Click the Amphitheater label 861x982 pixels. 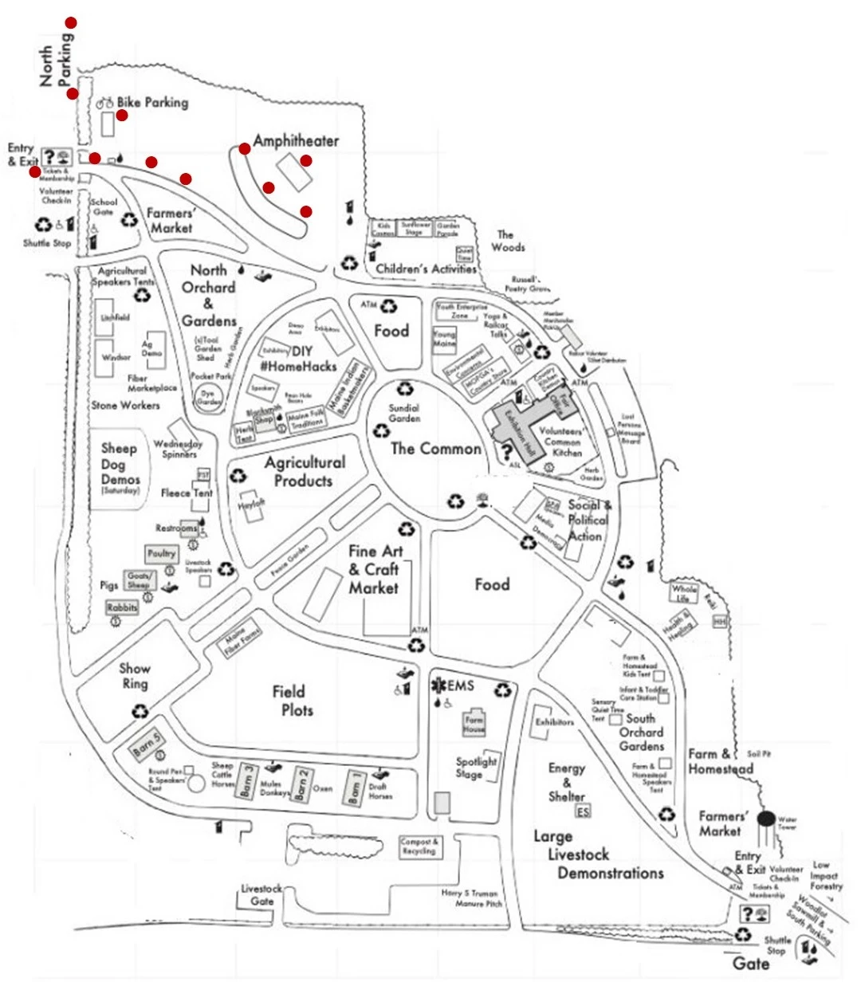tap(296, 141)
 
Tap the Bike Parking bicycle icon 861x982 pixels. tap(105, 103)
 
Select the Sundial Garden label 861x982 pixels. tap(404, 413)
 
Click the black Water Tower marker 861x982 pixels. tap(765, 819)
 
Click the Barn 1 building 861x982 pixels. tap(356, 788)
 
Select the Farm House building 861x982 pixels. tap(474, 725)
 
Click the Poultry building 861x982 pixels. tap(162, 553)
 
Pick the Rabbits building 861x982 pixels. tap(123, 607)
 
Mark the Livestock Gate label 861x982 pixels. tap(261, 894)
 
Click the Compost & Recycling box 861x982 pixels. tap(419, 846)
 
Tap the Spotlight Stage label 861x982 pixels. tap(476, 767)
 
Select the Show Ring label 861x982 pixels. tap(135, 676)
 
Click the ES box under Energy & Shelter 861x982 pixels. tap(584, 811)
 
